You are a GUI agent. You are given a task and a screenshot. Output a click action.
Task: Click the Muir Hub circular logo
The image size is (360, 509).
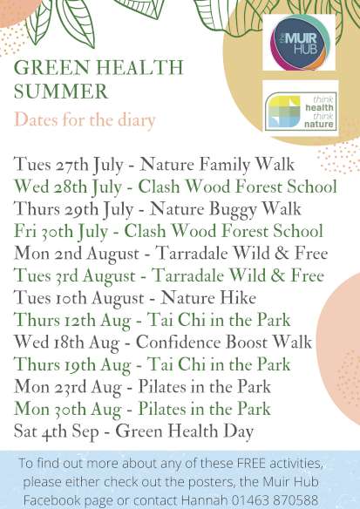click(300, 42)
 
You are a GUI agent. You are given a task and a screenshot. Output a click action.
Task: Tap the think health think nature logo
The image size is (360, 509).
click(301, 112)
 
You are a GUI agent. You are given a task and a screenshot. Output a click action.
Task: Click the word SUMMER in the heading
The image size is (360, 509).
click(61, 92)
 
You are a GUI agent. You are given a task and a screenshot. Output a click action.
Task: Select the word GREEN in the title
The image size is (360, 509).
click(51, 67)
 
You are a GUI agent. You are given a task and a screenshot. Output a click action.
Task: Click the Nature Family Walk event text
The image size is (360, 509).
click(217, 164)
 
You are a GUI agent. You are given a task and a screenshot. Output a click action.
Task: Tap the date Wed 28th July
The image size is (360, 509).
click(67, 187)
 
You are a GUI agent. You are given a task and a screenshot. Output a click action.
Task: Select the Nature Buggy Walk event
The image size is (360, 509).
click(225, 209)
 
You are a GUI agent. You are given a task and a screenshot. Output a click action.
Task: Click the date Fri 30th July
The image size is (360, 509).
click(61, 232)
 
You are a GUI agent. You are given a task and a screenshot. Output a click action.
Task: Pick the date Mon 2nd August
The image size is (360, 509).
click(77, 254)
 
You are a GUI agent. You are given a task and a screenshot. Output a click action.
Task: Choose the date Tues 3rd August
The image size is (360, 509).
click(74, 276)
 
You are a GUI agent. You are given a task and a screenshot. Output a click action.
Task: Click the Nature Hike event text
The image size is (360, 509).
click(208, 298)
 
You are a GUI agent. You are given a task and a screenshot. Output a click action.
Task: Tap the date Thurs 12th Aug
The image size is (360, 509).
click(72, 320)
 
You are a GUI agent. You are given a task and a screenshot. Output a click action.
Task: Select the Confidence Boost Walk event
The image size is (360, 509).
click(224, 343)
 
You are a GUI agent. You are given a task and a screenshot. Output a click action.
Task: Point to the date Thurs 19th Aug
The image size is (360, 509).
click(72, 364)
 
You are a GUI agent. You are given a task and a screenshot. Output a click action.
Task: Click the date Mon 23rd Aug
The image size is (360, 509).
click(67, 387)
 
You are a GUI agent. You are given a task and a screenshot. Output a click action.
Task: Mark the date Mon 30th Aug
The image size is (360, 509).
click(67, 409)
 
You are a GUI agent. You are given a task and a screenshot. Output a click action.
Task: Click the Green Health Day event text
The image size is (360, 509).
click(185, 431)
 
